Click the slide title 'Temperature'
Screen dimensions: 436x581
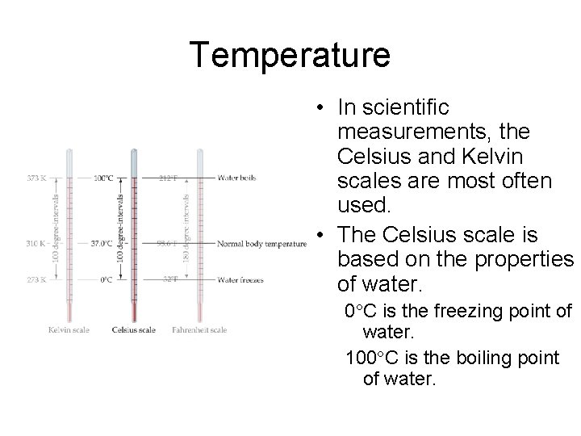(x=290, y=56)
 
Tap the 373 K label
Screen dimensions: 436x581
(x=36, y=178)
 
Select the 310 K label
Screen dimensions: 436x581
(x=36, y=242)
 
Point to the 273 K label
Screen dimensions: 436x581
(x=36, y=280)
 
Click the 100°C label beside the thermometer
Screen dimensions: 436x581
(x=102, y=178)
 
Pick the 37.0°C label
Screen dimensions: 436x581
(x=101, y=242)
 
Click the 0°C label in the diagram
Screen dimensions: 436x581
(x=106, y=280)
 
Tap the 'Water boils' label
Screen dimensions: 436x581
(x=236, y=178)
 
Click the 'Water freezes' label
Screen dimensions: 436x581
(x=240, y=280)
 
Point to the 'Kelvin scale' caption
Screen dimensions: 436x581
(x=69, y=329)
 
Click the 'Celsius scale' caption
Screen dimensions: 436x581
(x=133, y=329)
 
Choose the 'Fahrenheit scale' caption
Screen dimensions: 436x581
(x=199, y=329)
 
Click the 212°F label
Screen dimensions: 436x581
(x=168, y=178)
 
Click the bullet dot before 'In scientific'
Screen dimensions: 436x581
(x=321, y=108)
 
